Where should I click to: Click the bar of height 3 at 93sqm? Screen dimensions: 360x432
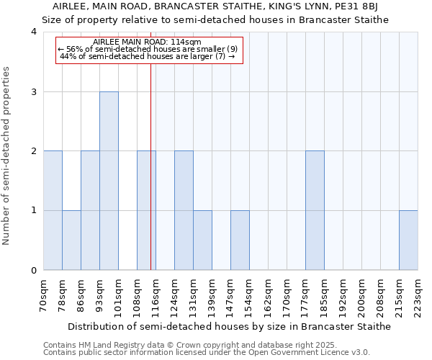coord(109,181)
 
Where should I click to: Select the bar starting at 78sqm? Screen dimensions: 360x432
coord(71,240)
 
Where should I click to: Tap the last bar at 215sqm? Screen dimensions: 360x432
coord(408,240)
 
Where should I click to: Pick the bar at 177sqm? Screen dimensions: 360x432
coord(315,210)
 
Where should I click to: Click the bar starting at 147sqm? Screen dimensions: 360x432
coord(240,240)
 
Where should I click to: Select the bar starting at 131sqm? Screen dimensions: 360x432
coord(202,240)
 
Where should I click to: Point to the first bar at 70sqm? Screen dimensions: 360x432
coord(53,210)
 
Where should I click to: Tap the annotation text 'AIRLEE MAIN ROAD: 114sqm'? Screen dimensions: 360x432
coord(151,42)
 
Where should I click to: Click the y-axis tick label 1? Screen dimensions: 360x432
coord(34,211)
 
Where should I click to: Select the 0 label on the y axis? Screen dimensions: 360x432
coord(34,271)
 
